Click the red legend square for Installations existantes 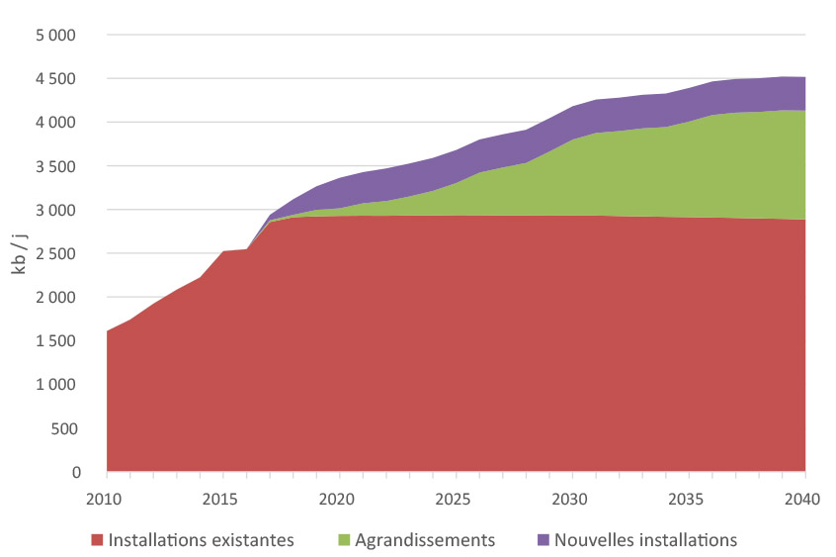(97, 540)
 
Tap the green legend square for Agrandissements (345, 540)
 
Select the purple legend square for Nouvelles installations (543, 540)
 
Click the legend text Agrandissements (426, 540)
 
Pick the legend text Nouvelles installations (645, 540)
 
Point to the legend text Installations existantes (201, 540)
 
